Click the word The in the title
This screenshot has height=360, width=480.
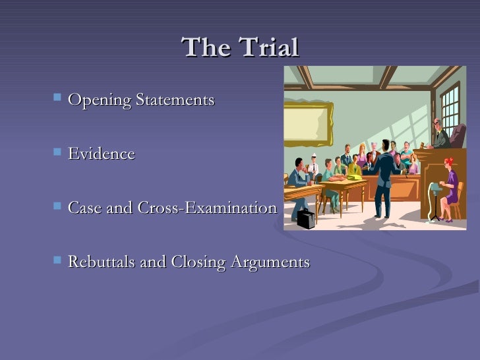(204, 47)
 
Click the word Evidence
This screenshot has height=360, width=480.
(101, 154)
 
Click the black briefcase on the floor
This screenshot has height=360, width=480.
(306, 218)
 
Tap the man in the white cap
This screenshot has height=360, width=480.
(314, 164)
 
